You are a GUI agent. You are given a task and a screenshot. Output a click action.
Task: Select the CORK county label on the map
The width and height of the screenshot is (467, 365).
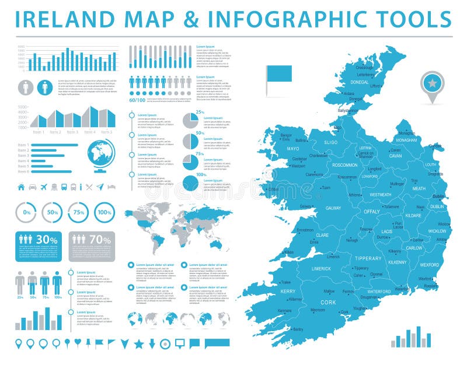[329, 303]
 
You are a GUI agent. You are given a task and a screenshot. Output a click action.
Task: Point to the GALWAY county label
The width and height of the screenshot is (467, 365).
[333, 208]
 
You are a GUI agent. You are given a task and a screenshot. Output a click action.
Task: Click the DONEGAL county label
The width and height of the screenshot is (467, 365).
[360, 82]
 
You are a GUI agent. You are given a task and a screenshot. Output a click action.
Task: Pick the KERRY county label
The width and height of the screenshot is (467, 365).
[288, 291]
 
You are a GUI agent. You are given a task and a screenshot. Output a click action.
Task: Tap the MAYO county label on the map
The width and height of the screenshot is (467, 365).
[293, 149]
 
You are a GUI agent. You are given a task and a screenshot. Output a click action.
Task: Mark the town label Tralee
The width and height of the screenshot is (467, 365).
[287, 282]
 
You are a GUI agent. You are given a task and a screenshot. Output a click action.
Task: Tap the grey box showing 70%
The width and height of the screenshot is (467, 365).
[92, 245]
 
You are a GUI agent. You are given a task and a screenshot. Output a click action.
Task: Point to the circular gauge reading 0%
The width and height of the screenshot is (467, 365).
[26, 213]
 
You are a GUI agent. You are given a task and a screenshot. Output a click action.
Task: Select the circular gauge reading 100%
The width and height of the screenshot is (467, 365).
[104, 213]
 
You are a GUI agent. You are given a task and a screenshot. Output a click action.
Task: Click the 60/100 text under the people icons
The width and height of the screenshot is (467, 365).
[137, 100]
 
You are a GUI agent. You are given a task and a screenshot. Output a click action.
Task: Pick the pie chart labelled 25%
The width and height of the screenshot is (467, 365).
[190, 121]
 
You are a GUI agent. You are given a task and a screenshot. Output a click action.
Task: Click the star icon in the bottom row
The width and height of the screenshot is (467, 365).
[139, 343]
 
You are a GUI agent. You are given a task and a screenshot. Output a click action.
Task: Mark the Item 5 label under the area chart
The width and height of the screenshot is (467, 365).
[107, 132]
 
